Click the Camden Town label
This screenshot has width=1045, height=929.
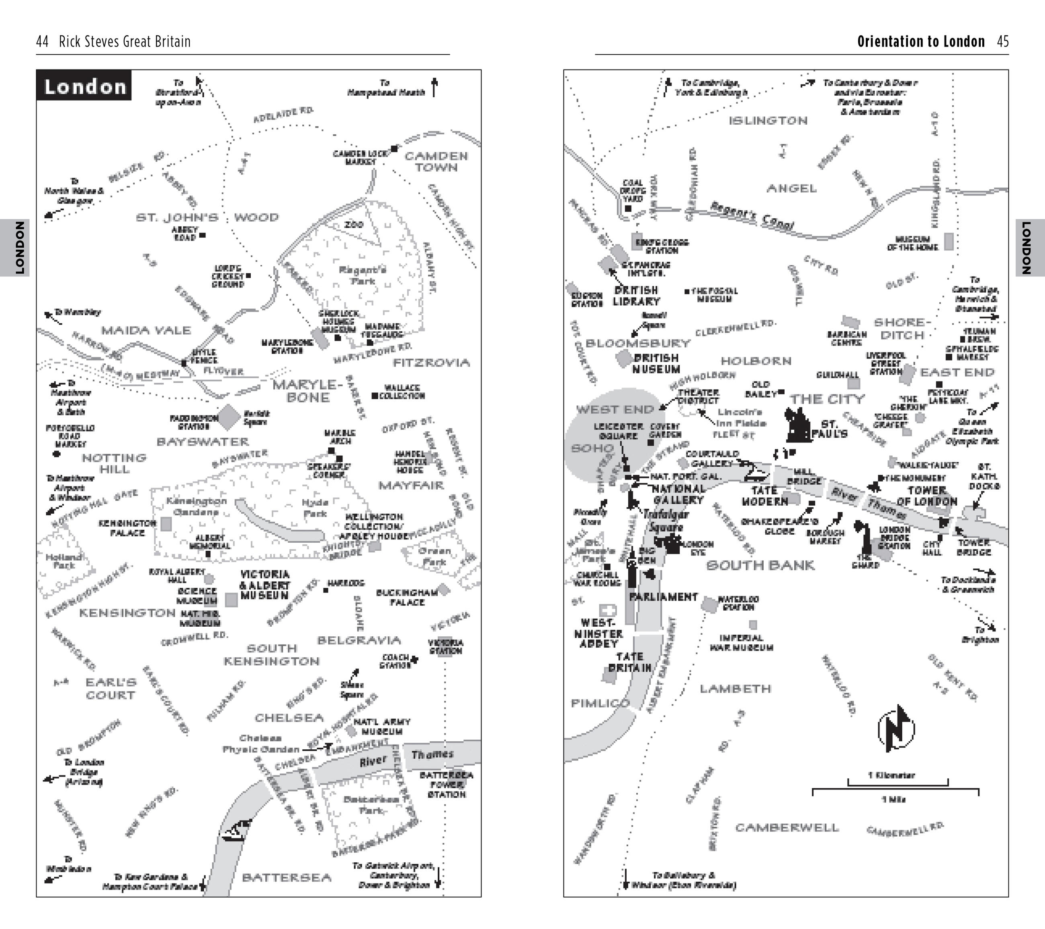pyautogui.click(x=436, y=162)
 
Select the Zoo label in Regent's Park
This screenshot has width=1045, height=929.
pyautogui.click(x=354, y=224)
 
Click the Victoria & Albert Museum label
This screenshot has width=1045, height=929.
pyautogui.click(x=264, y=585)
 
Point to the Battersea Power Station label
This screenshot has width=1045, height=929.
pyautogui.click(x=446, y=784)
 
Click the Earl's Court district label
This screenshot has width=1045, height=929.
pyautogui.click(x=111, y=688)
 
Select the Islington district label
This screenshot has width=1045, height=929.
pyautogui.click(x=768, y=121)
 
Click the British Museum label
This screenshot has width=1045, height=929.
pyautogui.click(x=656, y=363)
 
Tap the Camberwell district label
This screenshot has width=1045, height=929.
pyautogui.click(x=787, y=827)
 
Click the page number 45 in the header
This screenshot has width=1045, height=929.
pyautogui.click(x=1002, y=41)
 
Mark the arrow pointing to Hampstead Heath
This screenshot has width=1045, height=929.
pyautogui.click(x=434, y=87)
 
